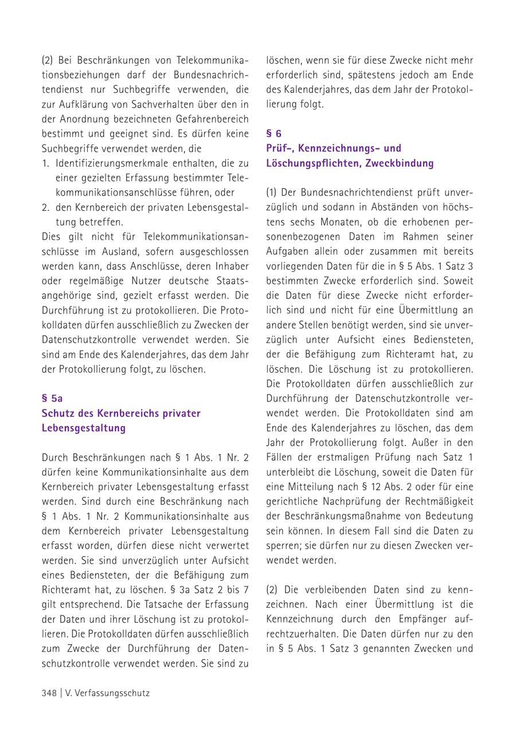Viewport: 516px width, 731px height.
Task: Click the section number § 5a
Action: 52,398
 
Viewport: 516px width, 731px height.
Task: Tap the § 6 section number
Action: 274,133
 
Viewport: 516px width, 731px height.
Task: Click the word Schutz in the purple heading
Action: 57,413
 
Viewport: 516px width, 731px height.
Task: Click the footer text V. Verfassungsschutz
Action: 107,693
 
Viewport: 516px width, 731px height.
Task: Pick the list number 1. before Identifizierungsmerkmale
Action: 45,163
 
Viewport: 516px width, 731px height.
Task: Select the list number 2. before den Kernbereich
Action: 45,208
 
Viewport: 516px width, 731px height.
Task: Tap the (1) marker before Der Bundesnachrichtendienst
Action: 272,192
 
